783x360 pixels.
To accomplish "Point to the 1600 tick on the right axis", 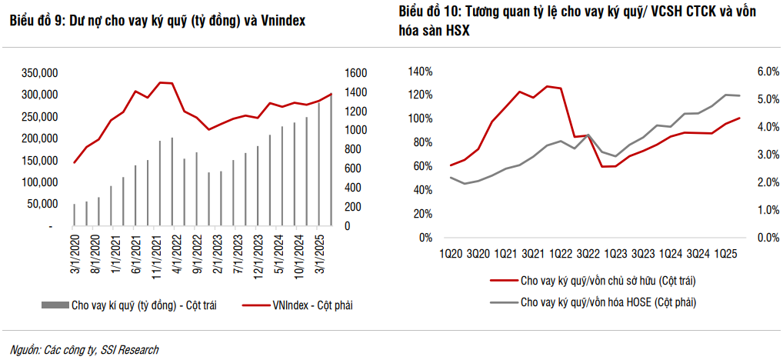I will pos(355,73).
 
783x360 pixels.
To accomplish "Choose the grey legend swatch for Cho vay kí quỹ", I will pos(53,306).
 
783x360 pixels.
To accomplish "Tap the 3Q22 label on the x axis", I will pos(588,253).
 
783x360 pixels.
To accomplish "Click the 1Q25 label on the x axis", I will pos(726,253).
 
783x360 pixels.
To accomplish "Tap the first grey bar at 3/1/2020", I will pos(75,215).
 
